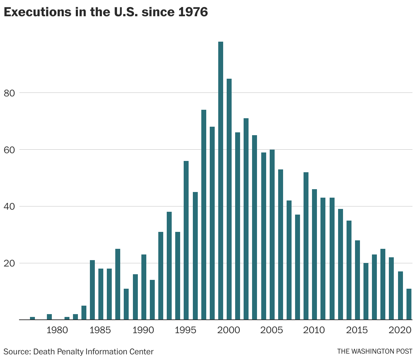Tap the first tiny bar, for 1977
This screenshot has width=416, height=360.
(32, 318)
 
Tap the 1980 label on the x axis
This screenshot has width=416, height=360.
(57, 330)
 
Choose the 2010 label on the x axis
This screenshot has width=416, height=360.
(314, 330)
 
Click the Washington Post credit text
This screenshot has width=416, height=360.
(374, 352)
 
